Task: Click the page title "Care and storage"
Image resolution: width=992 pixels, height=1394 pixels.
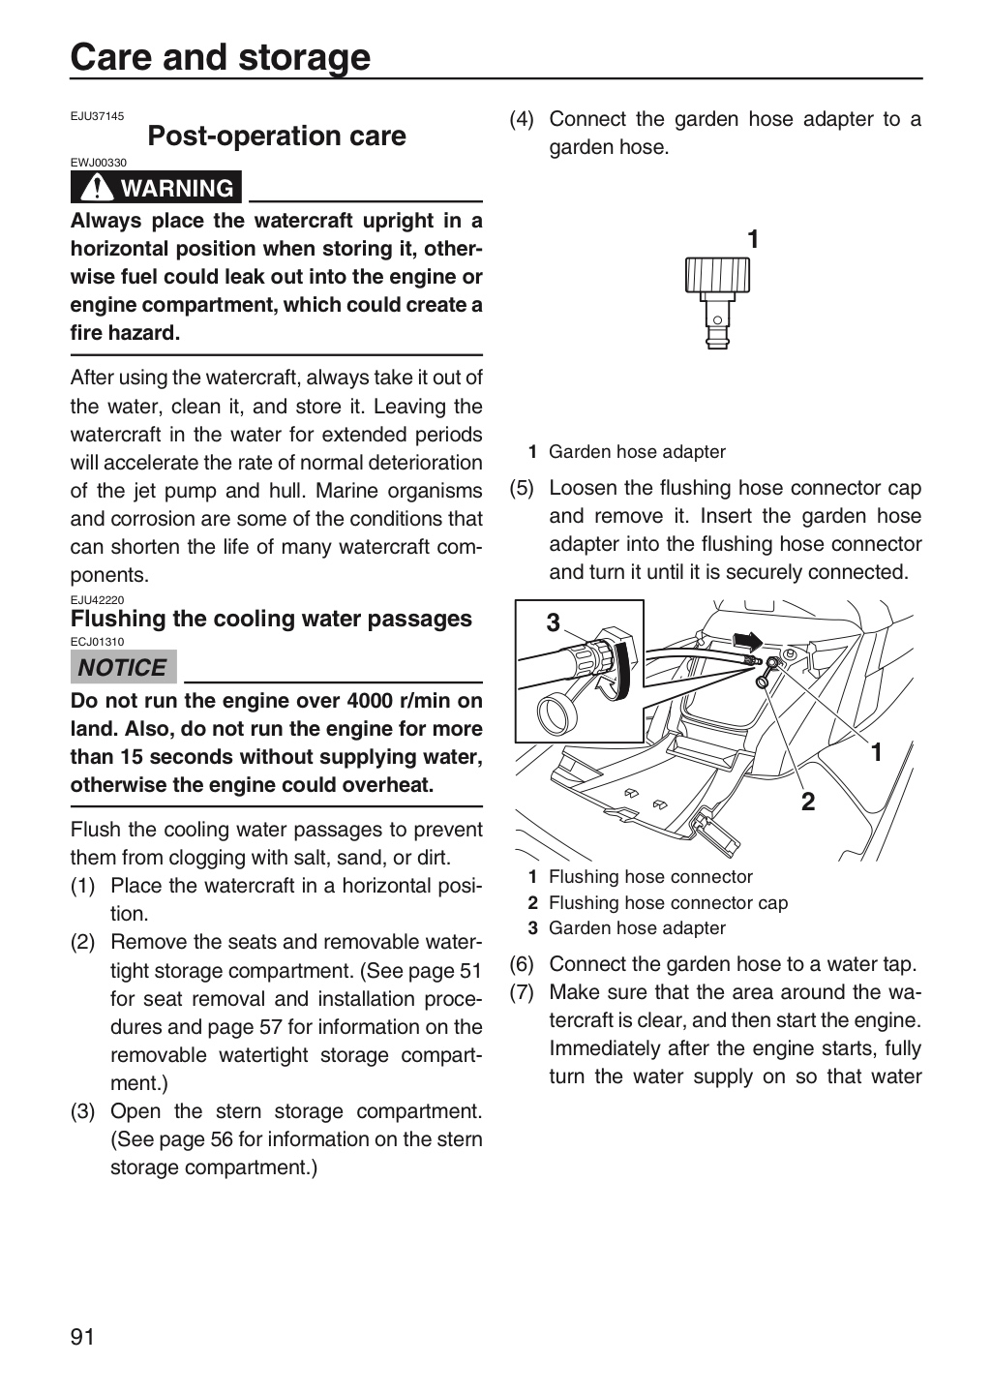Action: [221, 57]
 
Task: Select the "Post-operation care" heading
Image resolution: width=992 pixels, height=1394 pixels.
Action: [277, 136]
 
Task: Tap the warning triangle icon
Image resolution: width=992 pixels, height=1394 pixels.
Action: [96, 187]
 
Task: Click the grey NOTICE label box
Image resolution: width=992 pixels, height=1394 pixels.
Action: [123, 667]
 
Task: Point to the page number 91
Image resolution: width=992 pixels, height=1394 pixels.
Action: [82, 1336]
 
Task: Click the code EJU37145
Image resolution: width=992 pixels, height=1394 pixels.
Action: [97, 116]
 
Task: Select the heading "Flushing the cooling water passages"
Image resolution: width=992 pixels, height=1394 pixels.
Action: [271, 619]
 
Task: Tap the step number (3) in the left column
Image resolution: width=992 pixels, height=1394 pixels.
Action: [83, 1111]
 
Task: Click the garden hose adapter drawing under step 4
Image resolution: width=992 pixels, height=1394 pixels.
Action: [717, 302]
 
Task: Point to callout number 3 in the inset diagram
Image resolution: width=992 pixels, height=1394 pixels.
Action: [553, 622]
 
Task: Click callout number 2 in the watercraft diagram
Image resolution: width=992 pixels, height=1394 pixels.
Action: [808, 802]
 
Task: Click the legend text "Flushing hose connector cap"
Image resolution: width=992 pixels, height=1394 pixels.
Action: [668, 902]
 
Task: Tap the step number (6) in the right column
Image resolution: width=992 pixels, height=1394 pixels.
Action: [522, 964]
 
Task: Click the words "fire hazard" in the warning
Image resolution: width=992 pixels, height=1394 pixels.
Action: [125, 333]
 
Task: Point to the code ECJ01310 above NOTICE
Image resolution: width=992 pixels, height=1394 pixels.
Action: [97, 642]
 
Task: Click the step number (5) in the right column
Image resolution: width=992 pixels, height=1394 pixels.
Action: [522, 489]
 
